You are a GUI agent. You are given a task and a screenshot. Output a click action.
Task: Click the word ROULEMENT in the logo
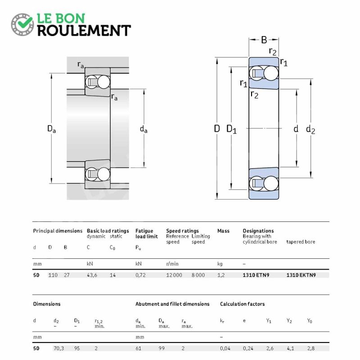(x=84, y=31)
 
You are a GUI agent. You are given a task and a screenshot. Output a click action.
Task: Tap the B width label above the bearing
(x=264, y=40)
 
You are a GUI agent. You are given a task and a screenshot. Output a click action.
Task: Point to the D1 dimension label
(x=231, y=129)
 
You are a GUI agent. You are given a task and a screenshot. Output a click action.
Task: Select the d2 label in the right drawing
(x=310, y=129)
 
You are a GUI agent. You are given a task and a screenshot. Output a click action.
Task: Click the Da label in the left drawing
(x=51, y=129)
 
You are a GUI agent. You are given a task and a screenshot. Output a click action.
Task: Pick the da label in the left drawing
(x=144, y=129)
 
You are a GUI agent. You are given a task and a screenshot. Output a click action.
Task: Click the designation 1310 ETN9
(x=256, y=275)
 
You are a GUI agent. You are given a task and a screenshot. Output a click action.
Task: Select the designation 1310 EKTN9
(x=301, y=275)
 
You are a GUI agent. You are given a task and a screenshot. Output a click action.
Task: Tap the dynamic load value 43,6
(x=92, y=275)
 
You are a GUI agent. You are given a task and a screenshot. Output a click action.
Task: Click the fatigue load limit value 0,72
(x=140, y=275)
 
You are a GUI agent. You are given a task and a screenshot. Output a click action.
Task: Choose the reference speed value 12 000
(x=174, y=275)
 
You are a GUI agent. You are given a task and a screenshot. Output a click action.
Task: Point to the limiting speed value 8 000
(x=198, y=275)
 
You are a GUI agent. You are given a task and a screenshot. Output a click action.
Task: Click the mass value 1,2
(x=221, y=275)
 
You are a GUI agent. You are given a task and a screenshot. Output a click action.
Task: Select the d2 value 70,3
(x=59, y=348)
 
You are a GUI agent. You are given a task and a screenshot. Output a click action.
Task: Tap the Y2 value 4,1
(x=290, y=348)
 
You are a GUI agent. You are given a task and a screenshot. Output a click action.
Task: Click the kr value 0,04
(x=225, y=348)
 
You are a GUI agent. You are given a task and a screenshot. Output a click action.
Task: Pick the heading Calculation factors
(x=242, y=304)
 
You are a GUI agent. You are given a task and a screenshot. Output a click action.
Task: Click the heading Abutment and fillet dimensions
(x=172, y=304)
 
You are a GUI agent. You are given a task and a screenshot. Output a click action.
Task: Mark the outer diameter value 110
(x=53, y=275)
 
